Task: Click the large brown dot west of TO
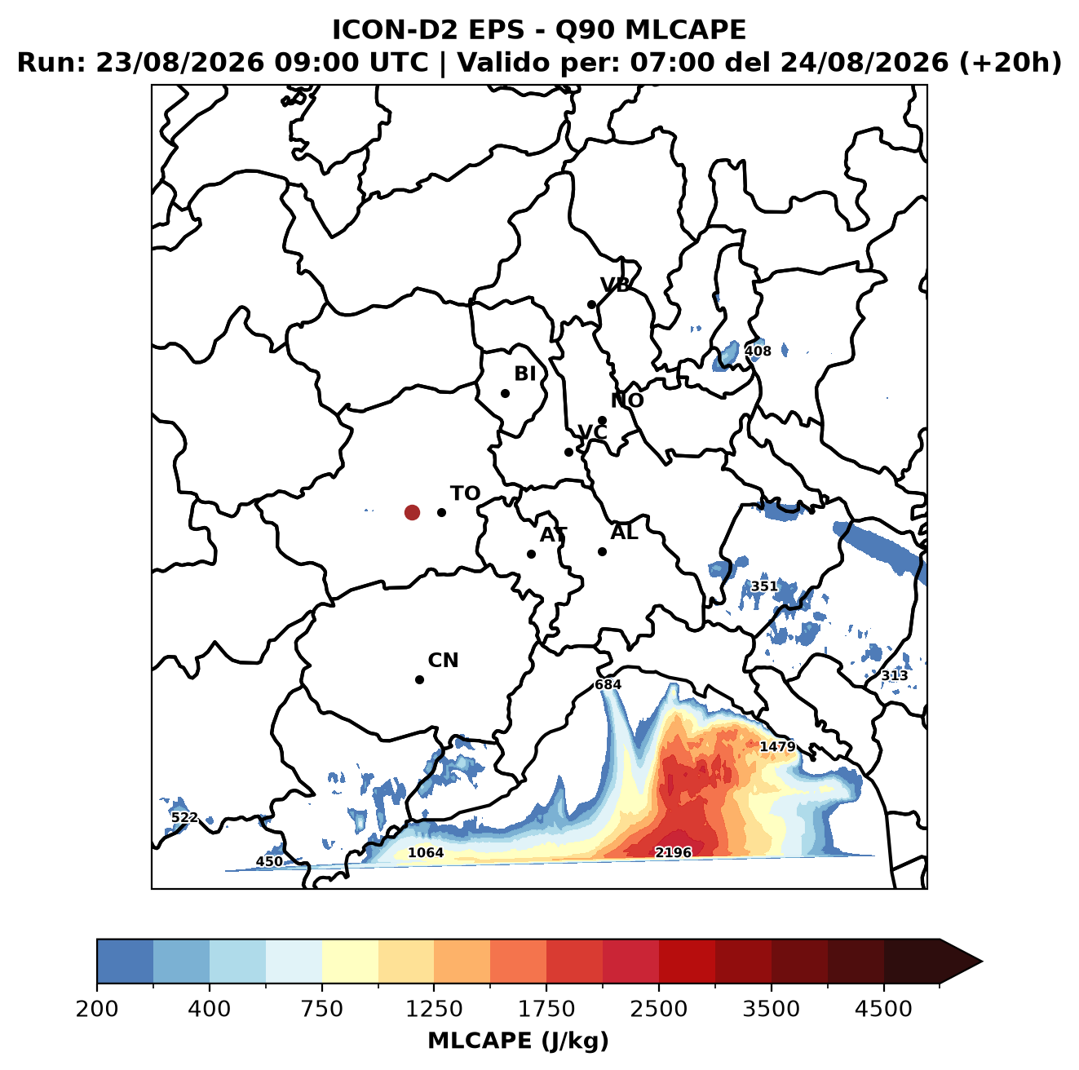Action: pos(412,512)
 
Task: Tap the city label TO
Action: pos(465,493)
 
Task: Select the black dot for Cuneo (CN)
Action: pos(419,679)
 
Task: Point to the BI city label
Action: pos(524,374)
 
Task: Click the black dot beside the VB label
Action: pos(591,304)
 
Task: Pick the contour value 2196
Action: pos(673,852)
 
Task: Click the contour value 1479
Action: pos(777,746)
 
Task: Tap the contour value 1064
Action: pos(426,853)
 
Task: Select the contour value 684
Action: pos(608,685)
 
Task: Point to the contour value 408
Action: pos(758,351)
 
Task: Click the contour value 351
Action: pos(764,586)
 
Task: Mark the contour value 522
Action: pos(184,817)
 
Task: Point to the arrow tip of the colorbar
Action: pos(982,962)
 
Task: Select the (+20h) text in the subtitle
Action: pos(1010,62)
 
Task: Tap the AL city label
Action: pos(624,533)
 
